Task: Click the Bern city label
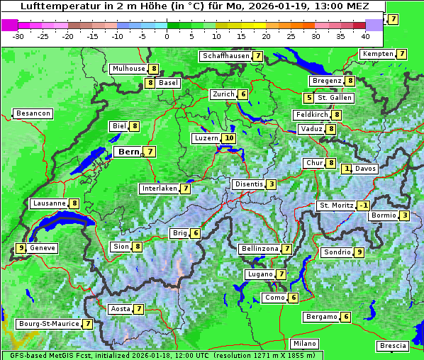coord(128,152)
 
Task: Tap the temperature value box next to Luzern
coord(228,138)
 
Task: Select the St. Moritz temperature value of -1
coord(364,206)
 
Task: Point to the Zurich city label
coord(223,94)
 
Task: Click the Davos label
coord(366,169)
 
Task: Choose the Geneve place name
coord(43,248)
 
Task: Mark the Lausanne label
coord(50,203)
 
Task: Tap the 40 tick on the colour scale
coord(365,35)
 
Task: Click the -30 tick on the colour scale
coord(19,35)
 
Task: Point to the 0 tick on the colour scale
coord(167,35)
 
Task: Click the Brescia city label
coord(393,346)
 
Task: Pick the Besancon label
coord(33,113)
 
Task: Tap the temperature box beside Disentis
coord(272,184)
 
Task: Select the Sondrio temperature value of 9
coord(359,252)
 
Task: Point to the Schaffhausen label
coord(225,56)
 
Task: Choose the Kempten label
coord(378,54)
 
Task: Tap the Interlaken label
coord(159,189)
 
